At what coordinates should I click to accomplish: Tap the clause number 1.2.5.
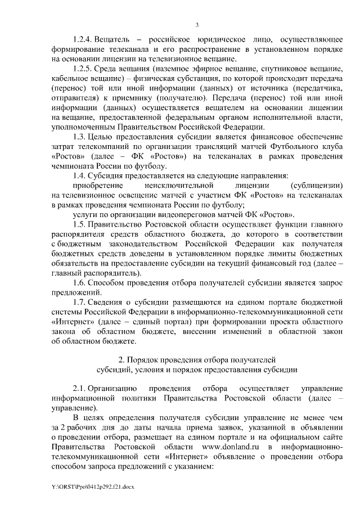(x=83, y=68)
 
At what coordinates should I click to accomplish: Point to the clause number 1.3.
(x=80, y=137)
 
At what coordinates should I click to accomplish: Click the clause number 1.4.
(x=80, y=175)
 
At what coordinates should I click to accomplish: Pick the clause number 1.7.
(x=80, y=303)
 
